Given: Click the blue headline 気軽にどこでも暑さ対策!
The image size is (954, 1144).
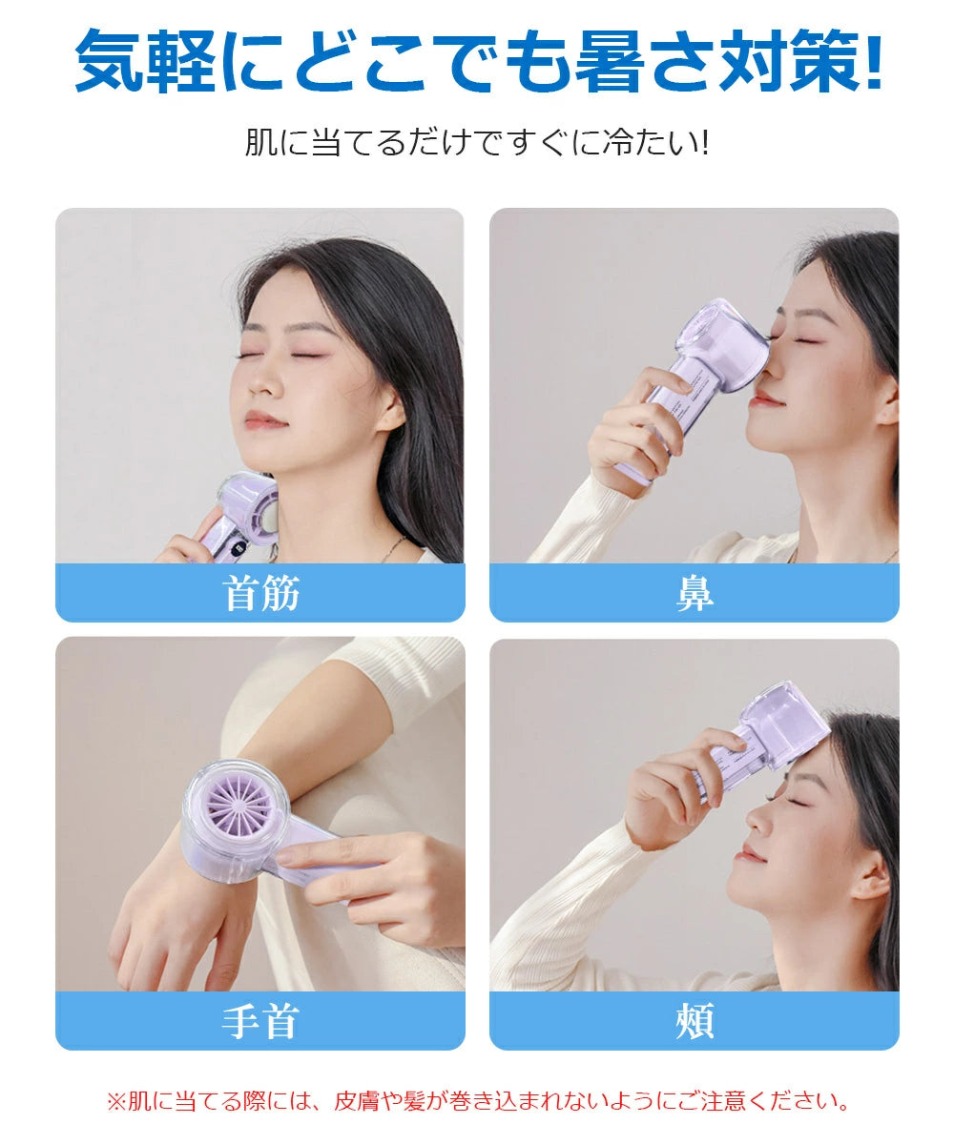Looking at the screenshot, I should [477, 62].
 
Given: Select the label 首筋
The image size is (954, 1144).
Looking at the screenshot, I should [260, 593].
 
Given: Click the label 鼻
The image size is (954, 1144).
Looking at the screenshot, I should [694, 593].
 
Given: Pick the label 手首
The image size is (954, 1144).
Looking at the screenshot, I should [260, 1021].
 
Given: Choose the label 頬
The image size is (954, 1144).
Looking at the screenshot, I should [694, 1021].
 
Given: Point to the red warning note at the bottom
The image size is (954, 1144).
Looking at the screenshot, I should [477, 1102].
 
